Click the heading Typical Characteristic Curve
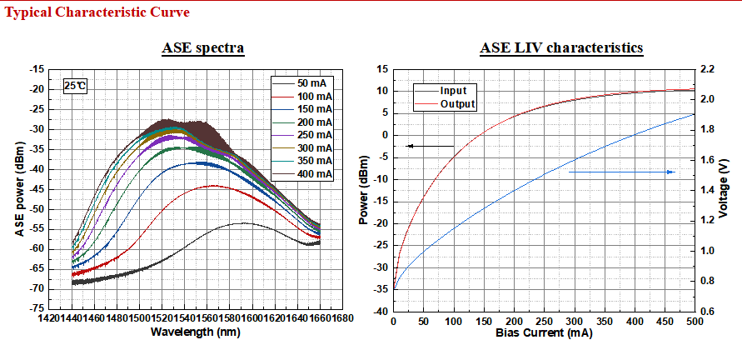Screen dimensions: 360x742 coord(97,12)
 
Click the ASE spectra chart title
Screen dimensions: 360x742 coord(202,47)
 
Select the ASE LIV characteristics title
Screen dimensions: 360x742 coord(561,47)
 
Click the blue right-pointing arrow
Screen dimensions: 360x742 coord(622,172)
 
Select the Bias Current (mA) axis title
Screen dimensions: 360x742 coord(543,332)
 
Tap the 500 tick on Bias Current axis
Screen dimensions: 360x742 coord(694,321)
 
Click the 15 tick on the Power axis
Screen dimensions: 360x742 coord(384,69)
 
